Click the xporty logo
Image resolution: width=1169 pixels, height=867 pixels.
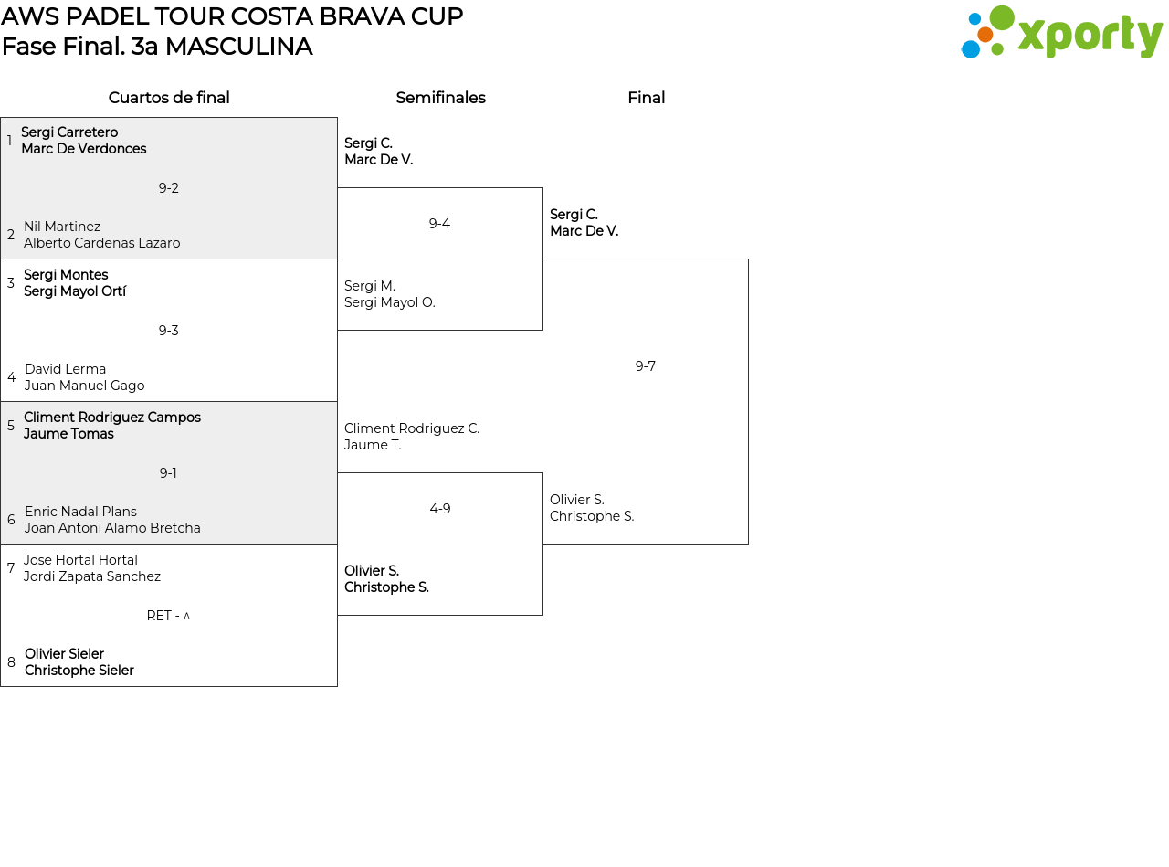click(x=1061, y=33)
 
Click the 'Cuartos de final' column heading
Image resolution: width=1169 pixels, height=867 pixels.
click(x=169, y=98)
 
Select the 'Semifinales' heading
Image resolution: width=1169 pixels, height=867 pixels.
click(x=440, y=98)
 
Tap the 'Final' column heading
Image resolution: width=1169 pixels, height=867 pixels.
click(x=646, y=98)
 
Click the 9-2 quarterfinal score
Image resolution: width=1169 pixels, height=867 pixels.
click(x=168, y=188)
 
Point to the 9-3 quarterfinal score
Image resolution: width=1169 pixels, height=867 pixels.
click(x=168, y=331)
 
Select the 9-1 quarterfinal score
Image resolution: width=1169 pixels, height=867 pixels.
click(x=168, y=473)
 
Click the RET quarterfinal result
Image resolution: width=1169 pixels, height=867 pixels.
click(x=168, y=616)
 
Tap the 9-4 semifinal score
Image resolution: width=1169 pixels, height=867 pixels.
click(x=439, y=224)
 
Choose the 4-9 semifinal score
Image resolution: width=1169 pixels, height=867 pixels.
click(x=439, y=509)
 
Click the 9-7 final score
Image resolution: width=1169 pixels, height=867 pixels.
click(x=645, y=366)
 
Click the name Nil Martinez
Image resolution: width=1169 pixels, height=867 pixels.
click(x=62, y=227)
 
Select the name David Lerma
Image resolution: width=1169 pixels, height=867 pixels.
click(x=65, y=369)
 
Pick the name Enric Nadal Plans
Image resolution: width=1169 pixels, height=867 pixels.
click(x=80, y=512)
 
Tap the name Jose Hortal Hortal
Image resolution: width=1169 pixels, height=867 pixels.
click(x=80, y=560)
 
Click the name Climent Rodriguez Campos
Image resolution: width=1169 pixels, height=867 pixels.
click(x=112, y=418)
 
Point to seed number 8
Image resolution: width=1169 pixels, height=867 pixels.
click(x=11, y=662)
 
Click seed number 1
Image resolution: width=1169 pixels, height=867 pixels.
click(x=9, y=141)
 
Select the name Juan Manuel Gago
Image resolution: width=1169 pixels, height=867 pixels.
click(x=84, y=386)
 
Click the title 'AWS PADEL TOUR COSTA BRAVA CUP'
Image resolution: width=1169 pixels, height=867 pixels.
click(x=232, y=16)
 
